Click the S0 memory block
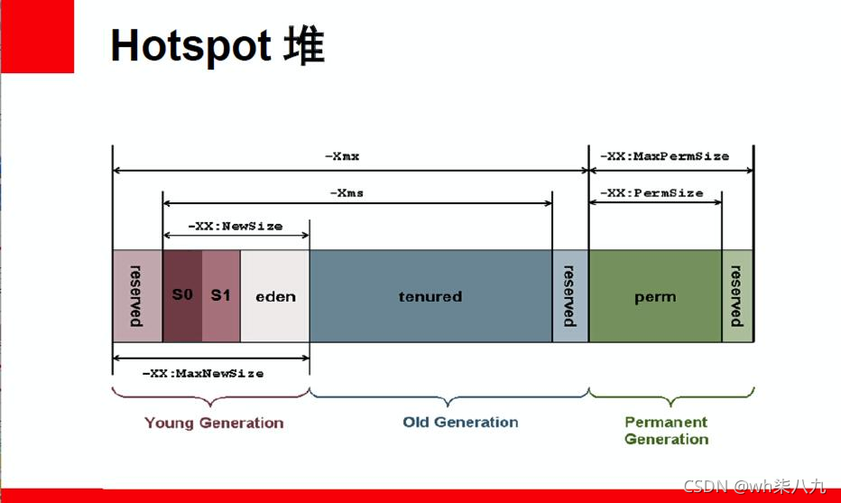click(182, 295)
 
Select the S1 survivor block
click(221, 295)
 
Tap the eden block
click(275, 296)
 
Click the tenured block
click(430, 296)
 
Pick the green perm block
click(655, 296)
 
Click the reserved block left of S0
click(137, 296)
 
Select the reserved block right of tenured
click(569, 296)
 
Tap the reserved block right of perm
click(737, 296)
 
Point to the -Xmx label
click(342, 156)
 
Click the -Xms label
click(347, 192)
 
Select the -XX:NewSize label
click(236, 226)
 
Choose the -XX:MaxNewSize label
click(204, 373)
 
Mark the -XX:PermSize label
click(652, 192)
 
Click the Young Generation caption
click(214, 423)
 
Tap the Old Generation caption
click(460, 422)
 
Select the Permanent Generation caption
click(666, 431)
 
